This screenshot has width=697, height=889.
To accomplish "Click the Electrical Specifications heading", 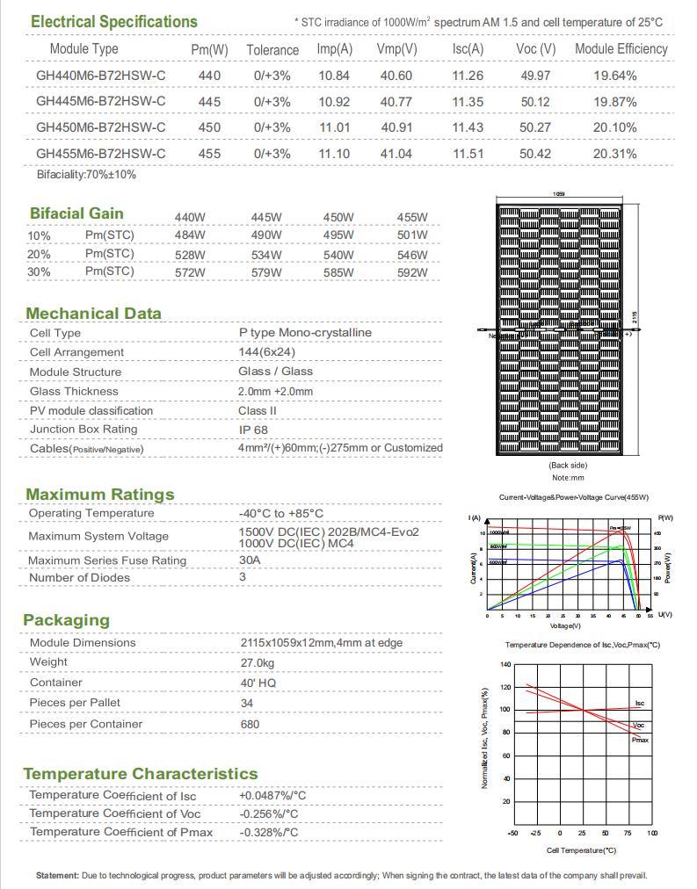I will coord(113,21).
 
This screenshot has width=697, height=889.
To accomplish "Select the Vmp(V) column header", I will coord(396,49).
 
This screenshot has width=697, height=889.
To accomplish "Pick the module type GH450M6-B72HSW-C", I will coord(100,127).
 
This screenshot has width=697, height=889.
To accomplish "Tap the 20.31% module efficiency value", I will coord(614,154).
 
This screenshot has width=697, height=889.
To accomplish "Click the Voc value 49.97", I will coord(535,76).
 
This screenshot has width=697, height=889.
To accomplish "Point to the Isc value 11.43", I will coord(468,127).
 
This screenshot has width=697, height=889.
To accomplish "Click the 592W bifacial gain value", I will coord(412,272).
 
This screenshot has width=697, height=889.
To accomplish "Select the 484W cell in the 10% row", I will coord(190,235).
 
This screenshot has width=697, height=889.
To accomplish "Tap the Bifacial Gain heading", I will coord(76,213).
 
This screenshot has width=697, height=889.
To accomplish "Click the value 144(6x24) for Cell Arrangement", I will coord(267,352).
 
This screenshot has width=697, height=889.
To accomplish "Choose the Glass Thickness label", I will coord(74,391).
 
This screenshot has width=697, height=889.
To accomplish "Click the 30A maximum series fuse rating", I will coord(250,560).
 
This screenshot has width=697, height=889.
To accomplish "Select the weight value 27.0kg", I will coord(257,662).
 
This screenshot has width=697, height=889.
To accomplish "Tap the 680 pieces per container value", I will coord(250,724).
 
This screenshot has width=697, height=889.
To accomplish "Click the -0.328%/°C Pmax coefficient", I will coord(268,832).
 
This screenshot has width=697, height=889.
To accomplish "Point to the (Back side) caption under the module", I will coord(567,466).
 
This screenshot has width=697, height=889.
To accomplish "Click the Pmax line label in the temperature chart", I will coord(640,741).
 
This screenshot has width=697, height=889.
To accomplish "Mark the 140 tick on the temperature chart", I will coord(505,664).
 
